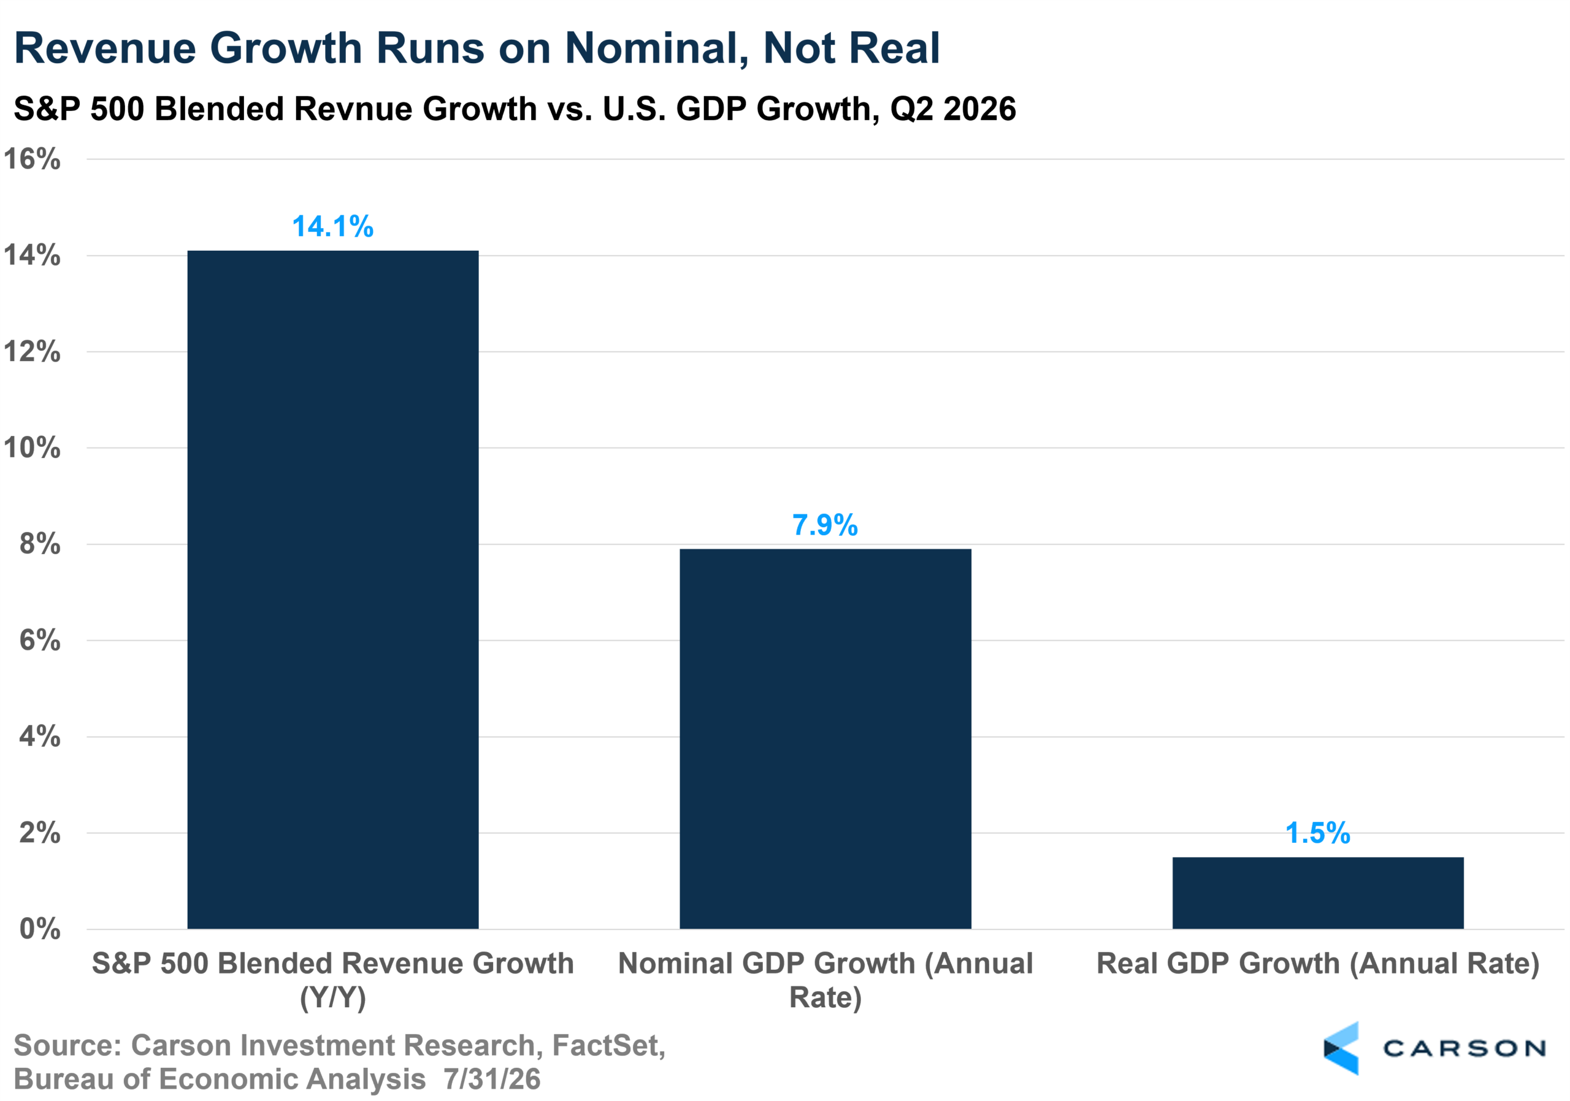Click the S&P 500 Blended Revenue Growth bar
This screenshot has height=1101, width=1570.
tap(333, 590)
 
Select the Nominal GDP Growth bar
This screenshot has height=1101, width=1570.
tap(825, 739)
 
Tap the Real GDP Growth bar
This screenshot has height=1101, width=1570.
tap(1318, 893)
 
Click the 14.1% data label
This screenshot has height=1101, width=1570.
tap(333, 226)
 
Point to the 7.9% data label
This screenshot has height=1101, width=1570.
tap(825, 525)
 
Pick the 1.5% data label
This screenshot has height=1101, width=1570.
tap(1318, 833)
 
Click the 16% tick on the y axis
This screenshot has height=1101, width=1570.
tap(32, 159)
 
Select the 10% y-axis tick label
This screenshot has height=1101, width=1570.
tap(32, 448)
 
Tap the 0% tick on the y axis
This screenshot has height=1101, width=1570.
tap(40, 929)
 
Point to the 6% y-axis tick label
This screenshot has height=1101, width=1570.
tap(40, 641)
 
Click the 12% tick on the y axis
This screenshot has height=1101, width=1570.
tap(32, 352)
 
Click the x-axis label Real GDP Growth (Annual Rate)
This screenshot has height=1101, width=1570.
tap(1318, 964)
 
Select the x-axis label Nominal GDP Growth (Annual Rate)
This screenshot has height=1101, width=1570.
tap(825, 981)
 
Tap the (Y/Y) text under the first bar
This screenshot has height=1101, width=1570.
tap(333, 999)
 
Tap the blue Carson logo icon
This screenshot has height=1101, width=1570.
tap(1342, 1048)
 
